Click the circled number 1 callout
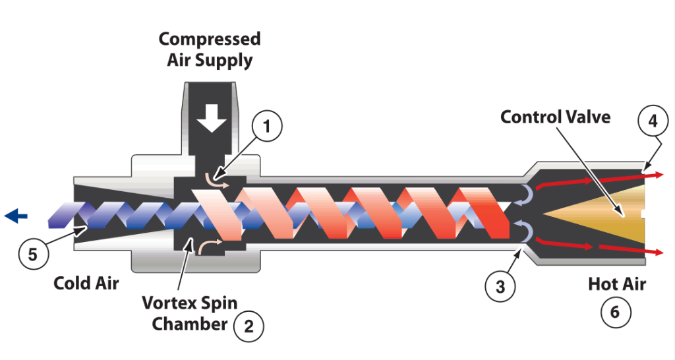pyautogui.click(x=266, y=128)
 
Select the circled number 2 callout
pyautogui.click(x=249, y=325)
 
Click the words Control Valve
pyautogui.click(x=555, y=117)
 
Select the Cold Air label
pyautogui.click(x=86, y=284)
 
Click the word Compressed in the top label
pyautogui.click(x=210, y=39)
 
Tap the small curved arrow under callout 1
pyautogui.click(x=213, y=182)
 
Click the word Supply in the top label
pyautogui.click(x=227, y=61)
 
